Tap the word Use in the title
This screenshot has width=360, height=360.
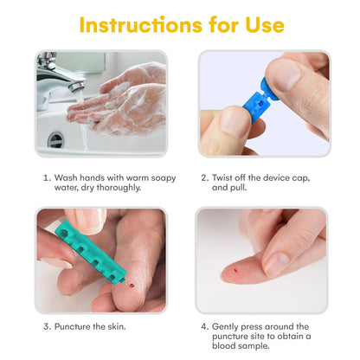pos(265,25)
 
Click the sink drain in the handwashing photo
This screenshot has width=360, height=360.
pos(55,139)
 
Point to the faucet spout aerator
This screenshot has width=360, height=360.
pos(77,86)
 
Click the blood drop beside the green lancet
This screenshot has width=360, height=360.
pos(132,286)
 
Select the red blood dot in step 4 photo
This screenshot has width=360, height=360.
pos(235,271)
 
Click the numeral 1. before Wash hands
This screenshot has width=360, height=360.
pos(47,177)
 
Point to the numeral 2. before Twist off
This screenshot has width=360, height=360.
pos(205,177)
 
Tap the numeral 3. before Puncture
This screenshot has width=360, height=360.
pos(48,327)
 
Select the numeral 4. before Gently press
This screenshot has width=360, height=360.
pos(205,327)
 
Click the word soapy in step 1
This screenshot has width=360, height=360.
pos(164,178)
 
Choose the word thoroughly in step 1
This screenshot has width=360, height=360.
pos(119,188)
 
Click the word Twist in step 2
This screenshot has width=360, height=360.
pos(222,177)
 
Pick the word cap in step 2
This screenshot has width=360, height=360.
pos(301,178)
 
